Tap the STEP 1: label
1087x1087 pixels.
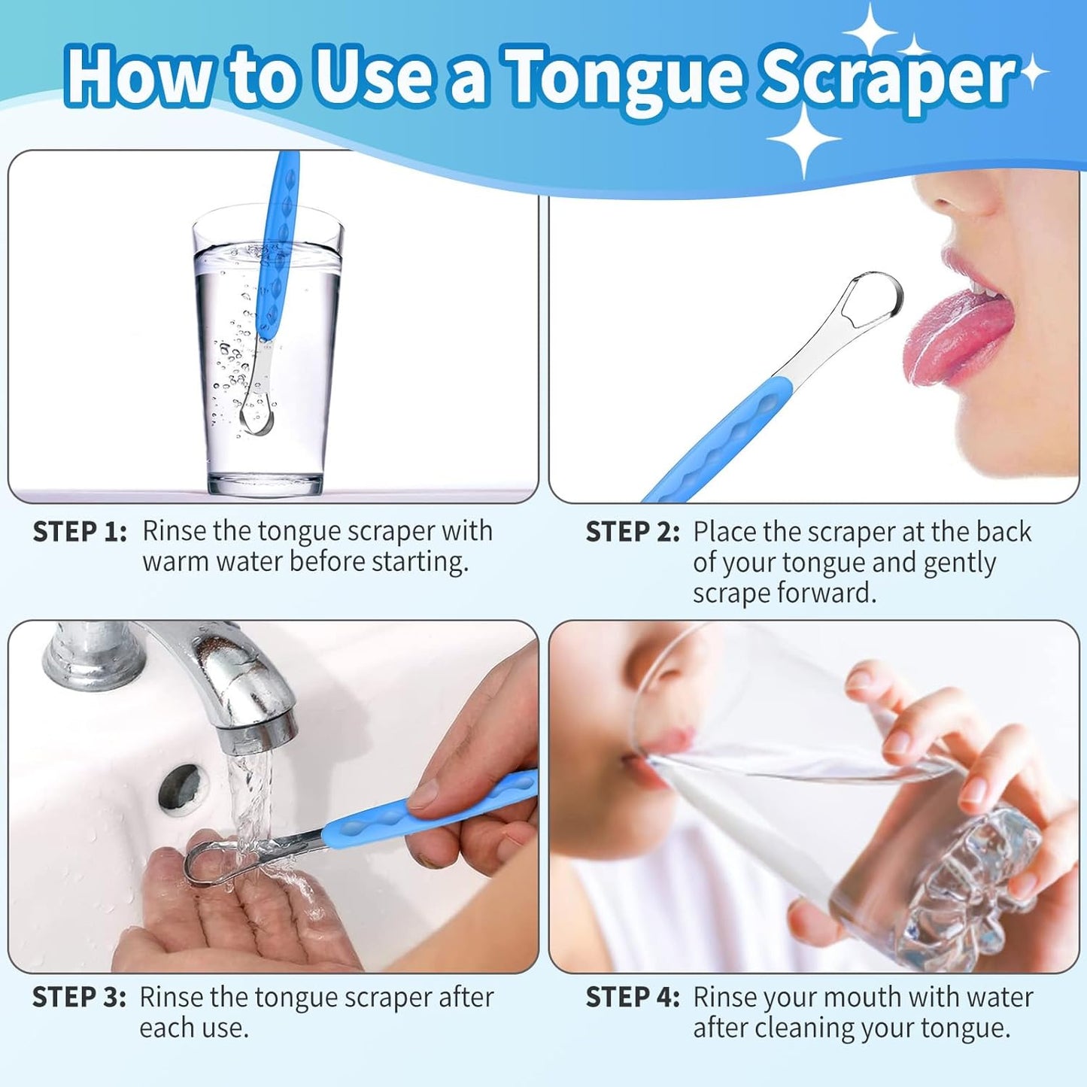[80, 532]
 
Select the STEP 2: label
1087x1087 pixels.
[632, 532]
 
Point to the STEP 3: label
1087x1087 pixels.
[79, 997]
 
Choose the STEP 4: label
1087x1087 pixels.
[632, 997]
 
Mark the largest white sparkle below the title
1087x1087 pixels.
[803, 140]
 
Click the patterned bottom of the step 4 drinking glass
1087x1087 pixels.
[970, 895]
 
